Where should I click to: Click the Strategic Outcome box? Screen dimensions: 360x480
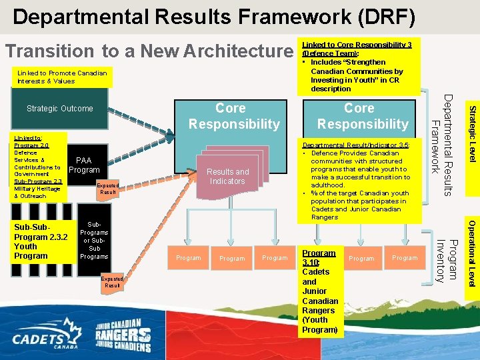pos(59,109)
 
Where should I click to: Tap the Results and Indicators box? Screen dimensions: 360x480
pos(227,177)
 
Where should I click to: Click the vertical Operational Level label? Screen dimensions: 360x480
pos(471,253)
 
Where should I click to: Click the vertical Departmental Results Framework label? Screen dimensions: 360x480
pos(441,145)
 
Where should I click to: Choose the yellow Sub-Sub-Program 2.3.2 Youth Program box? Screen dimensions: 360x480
pos(41,241)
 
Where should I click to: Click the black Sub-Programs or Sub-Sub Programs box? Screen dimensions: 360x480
pos(94,241)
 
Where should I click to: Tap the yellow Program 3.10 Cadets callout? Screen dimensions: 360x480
pos(320,291)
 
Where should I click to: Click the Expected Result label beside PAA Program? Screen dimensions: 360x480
pos(108,189)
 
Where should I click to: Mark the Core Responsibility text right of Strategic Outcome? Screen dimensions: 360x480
pos(234,116)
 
